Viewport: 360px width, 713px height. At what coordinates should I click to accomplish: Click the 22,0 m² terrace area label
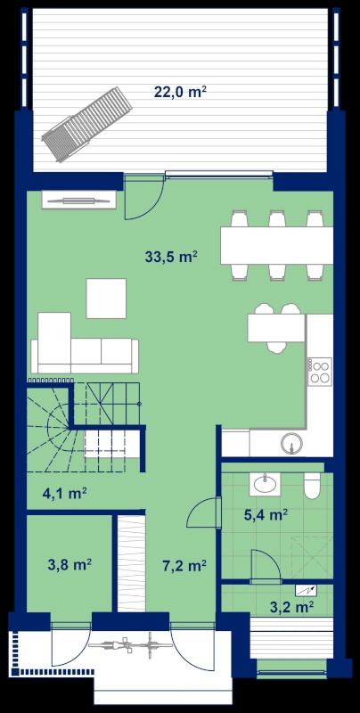(x=181, y=92)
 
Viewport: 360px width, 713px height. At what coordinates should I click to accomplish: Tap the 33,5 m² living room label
(x=171, y=257)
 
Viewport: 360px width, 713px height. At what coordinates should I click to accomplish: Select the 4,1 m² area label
(x=65, y=494)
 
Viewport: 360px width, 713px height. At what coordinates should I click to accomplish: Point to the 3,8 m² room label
(x=70, y=565)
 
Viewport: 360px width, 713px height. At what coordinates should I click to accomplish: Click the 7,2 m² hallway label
(x=184, y=565)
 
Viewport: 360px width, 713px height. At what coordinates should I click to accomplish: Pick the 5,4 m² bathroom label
(x=265, y=515)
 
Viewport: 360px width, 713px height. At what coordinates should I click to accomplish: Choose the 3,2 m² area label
(x=291, y=607)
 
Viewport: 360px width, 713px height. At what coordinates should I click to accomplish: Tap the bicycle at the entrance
(x=129, y=645)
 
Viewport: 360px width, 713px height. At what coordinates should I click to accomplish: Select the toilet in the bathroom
(x=313, y=485)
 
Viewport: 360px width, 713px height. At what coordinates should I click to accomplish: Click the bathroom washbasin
(x=265, y=484)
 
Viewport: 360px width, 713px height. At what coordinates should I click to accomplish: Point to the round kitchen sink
(x=291, y=443)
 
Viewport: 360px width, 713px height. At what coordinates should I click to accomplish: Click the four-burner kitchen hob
(x=320, y=372)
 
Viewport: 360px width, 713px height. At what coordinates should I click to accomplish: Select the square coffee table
(x=106, y=299)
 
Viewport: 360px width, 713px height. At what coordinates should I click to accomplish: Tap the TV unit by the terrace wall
(x=79, y=200)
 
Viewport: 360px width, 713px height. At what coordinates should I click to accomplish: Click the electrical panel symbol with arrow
(x=306, y=591)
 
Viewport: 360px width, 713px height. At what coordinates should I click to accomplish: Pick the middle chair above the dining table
(x=277, y=218)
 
